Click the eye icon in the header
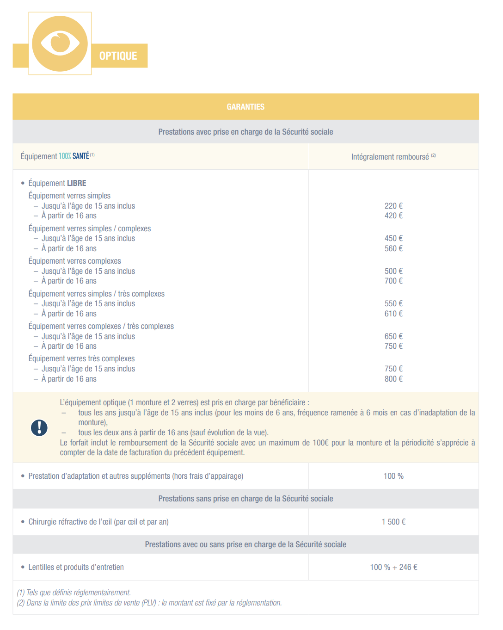(x=60, y=43)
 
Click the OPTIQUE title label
(x=118, y=56)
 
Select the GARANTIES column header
(x=245, y=107)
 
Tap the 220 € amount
(x=393, y=206)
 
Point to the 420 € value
(x=393, y=216)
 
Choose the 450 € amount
(x=393, y=238)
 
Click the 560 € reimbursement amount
(x=393, y=248)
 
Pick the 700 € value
(x=393, y=281)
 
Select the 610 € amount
(x=393, y=314)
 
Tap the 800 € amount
(x=393, y=379)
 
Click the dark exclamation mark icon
(x=39, y=427)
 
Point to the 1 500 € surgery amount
(x=393, y=522)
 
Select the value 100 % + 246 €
(x=393, y=567)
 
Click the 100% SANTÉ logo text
(x=74, y=156)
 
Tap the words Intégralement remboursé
(x=390, y=157)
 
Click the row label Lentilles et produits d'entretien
(x=76, y=567)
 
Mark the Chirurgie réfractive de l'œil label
(x=98, y=522)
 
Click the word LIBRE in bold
(x=76, y=183)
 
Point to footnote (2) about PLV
(x=149, y=603)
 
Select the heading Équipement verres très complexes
(x=81, y=358)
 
